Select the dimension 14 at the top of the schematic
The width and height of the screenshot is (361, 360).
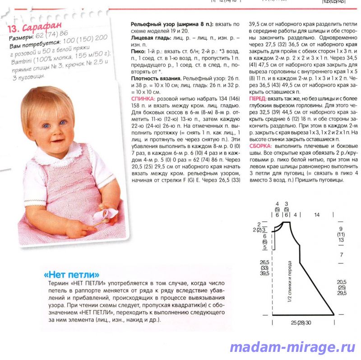click(317, 215)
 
